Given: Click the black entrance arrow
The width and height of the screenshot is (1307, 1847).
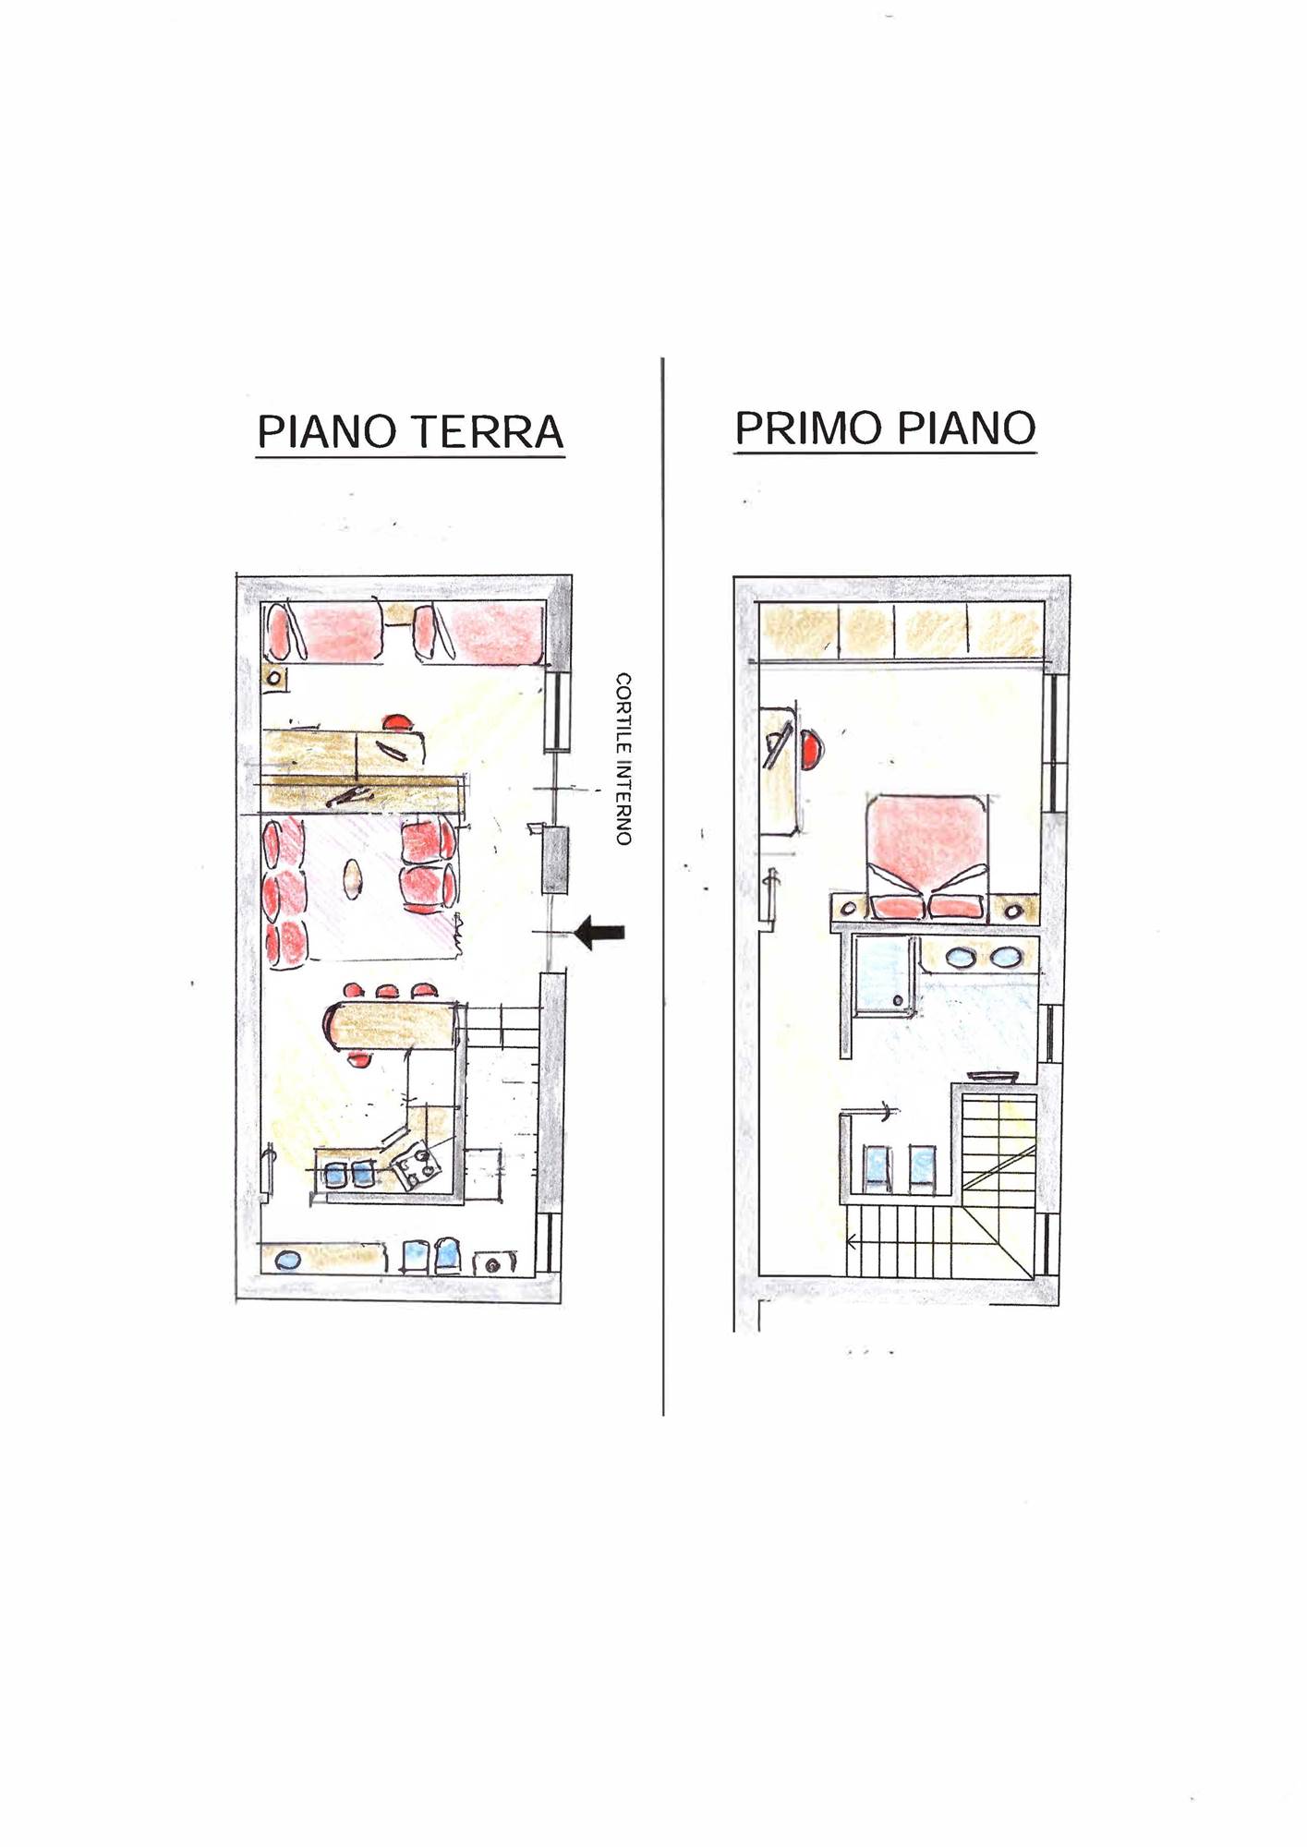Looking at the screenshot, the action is pos(599,932).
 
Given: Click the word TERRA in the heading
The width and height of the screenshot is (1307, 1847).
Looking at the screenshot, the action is pos(487,431).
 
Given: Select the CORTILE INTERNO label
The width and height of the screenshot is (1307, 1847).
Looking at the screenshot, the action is pos(624,758).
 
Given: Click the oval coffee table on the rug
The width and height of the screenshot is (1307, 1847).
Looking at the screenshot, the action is pos(353,879).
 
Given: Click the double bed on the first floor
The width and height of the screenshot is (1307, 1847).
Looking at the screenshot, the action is pos(926,856).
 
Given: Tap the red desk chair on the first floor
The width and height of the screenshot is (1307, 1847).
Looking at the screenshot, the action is pos(811,749).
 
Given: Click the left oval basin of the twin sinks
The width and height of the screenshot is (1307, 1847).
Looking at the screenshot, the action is pos(961,958).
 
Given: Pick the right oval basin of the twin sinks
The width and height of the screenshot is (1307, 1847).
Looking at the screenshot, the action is pos(1005,958).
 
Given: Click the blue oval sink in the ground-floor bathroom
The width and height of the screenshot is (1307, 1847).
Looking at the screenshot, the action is pos(288,1260).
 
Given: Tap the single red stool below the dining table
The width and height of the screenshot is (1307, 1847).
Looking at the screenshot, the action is pos(361,1058).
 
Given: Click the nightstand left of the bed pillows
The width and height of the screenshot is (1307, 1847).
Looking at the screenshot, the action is pos(849,909).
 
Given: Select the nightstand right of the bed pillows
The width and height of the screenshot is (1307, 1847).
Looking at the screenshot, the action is pos(1013,910).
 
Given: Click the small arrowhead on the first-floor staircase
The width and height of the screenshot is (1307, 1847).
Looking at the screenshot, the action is pos(852,1242).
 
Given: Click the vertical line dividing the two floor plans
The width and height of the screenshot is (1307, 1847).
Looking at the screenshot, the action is pos(663,887).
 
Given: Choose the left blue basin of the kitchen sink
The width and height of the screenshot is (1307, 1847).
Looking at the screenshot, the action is pos(334,1174).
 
